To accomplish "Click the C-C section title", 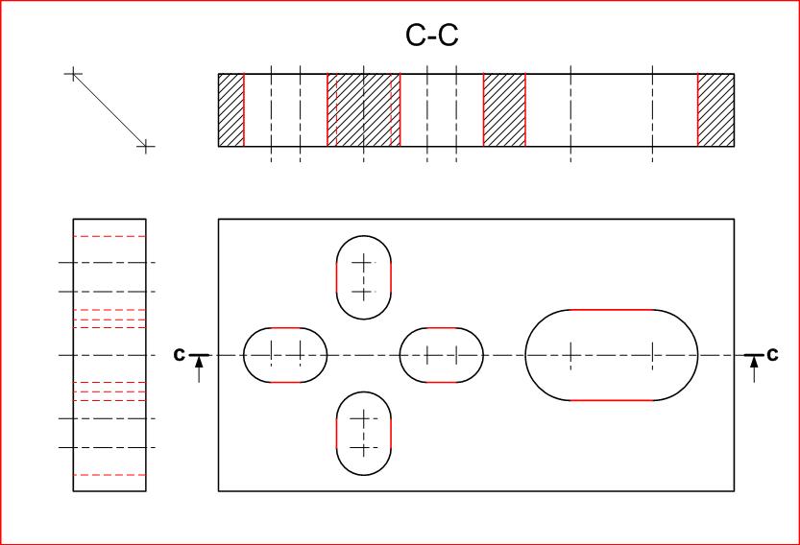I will click(432, 36).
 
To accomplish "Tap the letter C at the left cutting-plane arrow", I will click(179, 354).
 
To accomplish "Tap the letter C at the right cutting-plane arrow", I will click(772, 354).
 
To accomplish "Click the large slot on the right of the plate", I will click(612, 355).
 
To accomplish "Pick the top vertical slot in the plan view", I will click(364, 277).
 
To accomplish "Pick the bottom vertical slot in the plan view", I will click(364, 433).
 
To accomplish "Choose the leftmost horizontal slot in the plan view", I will click(285, 355).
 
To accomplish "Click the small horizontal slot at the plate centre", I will click(442, 355).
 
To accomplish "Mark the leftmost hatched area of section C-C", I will click(231, 110).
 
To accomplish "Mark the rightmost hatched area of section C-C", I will click(715, 110).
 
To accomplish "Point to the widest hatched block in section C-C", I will click(363, 110).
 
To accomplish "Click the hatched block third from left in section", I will click(504, 110).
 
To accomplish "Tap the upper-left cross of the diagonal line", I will click(73, 74).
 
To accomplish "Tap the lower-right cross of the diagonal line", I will click(144, 147).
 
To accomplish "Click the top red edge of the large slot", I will click(612, 310).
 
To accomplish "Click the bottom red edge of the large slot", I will click(612, 399).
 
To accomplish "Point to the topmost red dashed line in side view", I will click(109, 236).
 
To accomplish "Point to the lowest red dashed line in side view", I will click(109, 475).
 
